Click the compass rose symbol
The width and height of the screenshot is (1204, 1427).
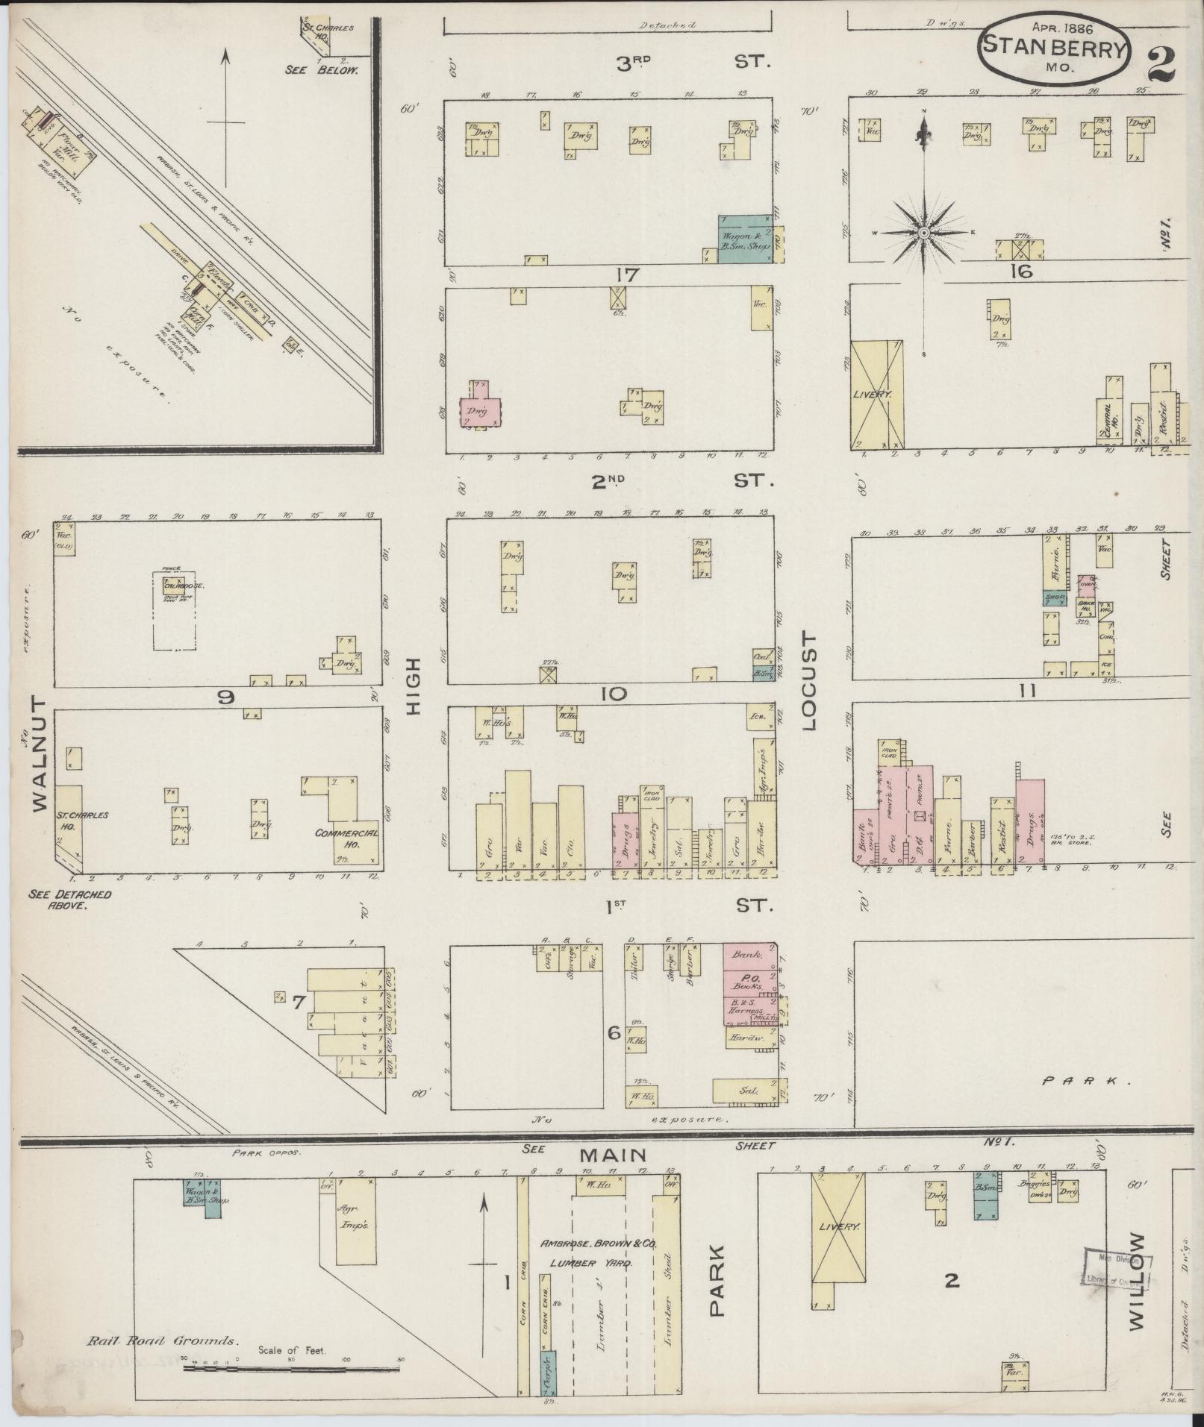click(923, 233)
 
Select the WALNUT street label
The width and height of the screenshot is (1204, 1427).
click(39, 754)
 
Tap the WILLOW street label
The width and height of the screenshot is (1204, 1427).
click(1135, 1281)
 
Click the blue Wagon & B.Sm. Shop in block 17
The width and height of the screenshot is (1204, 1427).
click(743, 239)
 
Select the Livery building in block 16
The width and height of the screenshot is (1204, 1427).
click(878, 395)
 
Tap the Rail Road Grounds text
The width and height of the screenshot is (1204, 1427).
click(163, 1340)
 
